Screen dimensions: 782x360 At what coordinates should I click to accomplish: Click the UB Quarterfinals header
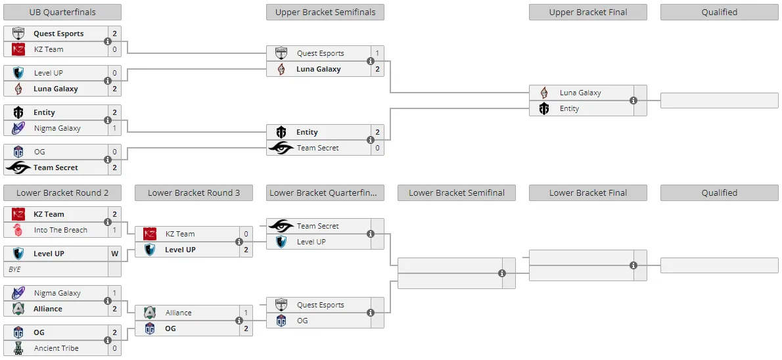coord(62,12)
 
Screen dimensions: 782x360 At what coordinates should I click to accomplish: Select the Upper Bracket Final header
coord(588,12)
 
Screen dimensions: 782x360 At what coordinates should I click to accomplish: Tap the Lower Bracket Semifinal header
coord(456,193)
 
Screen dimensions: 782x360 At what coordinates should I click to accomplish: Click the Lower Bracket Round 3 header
coord(193,193)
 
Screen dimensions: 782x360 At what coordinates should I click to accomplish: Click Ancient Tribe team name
coord(57,348)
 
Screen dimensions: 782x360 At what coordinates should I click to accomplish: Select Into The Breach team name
coord(60,230)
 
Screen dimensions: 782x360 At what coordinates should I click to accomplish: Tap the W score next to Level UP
coord(115,254)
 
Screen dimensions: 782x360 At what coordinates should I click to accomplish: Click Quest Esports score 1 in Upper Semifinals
coord(378,53)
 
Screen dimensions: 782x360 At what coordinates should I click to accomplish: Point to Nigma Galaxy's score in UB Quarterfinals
coord(115,128)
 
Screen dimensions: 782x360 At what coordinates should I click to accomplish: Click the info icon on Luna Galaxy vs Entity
coord(633,101)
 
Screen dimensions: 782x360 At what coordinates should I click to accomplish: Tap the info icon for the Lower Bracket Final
coord(633,265)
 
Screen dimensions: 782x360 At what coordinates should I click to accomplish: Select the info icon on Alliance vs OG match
coord(239,321)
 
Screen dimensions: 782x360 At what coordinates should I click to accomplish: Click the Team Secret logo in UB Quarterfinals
coord(18,168)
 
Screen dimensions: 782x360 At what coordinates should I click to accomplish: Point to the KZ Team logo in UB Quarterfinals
coord(18,49)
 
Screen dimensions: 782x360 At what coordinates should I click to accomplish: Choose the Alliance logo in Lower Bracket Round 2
coord(18,309)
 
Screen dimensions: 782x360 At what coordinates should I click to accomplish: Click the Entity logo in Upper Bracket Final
coord(544,108)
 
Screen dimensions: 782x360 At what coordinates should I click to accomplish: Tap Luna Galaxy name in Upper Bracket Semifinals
coord(319,69)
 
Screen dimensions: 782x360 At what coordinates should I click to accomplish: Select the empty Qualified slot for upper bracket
coord(719,101)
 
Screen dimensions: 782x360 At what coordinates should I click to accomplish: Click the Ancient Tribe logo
coord(18,348)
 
